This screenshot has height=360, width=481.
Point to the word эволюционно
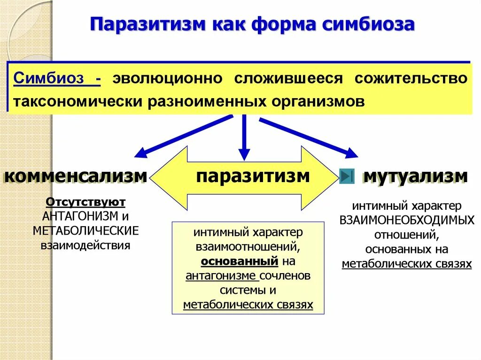(x=167, y=78)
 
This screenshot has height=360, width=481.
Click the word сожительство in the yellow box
(x=411, y=78)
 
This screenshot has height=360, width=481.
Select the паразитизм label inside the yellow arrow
(x=253, y=176)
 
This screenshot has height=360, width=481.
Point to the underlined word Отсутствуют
(x=85, y=202)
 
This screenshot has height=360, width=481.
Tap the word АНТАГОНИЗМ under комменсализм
(x=78, y=216)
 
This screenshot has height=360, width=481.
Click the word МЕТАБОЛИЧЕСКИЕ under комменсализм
(x=85, y=230)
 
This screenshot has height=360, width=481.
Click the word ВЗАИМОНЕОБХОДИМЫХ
(x=407, y=220)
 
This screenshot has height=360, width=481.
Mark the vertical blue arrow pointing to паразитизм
(x=243, y=141)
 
